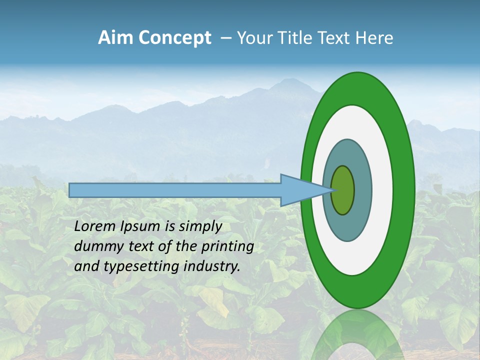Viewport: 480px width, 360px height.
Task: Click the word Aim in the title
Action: coord(115,38)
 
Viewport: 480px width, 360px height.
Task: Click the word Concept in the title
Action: coord(174,38)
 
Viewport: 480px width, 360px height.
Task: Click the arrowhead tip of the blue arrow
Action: coord(331,190)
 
